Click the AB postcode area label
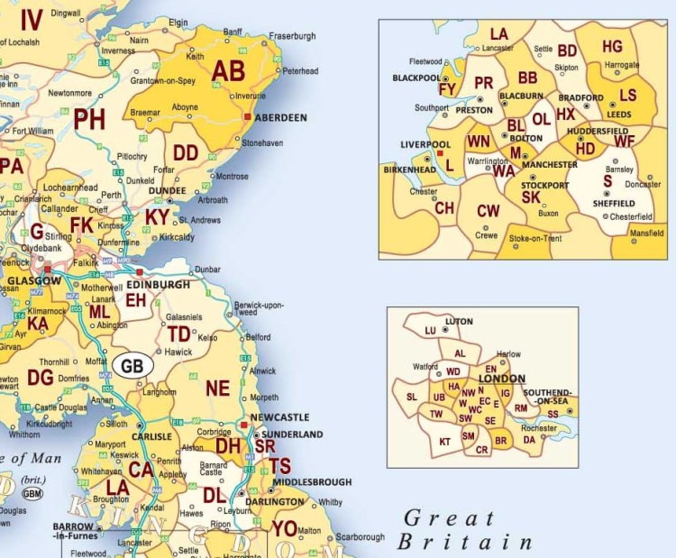[228, 71]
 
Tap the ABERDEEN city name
[281, 117]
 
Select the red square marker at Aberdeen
[247, 117]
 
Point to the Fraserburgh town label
[291, 36]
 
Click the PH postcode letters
[89, 120]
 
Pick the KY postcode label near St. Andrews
[156, 217]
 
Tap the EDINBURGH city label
[159, 284]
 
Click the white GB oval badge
[132, 366]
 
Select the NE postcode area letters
[218, 389]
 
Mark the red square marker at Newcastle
[243, 424]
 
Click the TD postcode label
[178, 334]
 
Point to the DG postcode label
[41, 377]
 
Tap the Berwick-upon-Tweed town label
[259, 311]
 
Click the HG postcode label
[612, 47]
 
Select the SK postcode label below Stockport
[531, 197]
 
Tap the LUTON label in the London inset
[460, 322]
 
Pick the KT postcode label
[444, 442]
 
